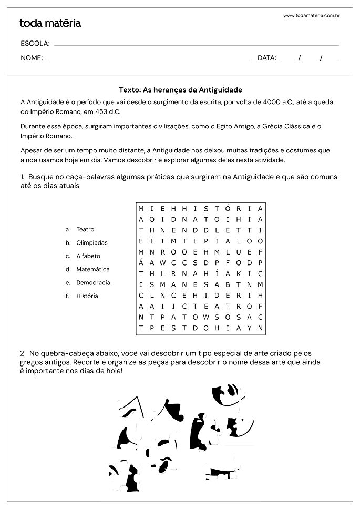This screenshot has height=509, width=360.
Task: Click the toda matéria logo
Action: click(50, 23)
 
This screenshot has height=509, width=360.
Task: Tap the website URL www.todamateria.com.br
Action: click(311, 16)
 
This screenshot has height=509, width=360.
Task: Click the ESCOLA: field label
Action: click(35, 43)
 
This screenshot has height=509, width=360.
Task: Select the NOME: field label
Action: click(32, 58)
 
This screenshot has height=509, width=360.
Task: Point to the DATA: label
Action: click(267, 58)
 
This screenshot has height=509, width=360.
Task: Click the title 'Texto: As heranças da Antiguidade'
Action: click(180, 90)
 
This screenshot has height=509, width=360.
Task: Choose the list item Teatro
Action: click(85, 230)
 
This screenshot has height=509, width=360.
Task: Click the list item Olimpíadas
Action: click(91, 243)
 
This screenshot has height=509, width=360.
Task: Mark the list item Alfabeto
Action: click(88, 256)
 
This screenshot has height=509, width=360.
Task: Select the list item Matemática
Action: click(92, 269)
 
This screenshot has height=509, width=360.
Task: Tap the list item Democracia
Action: click(93, 282)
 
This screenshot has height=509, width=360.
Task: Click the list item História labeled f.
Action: click(87, 296)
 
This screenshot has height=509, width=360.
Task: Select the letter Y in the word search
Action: click(249, 328)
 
